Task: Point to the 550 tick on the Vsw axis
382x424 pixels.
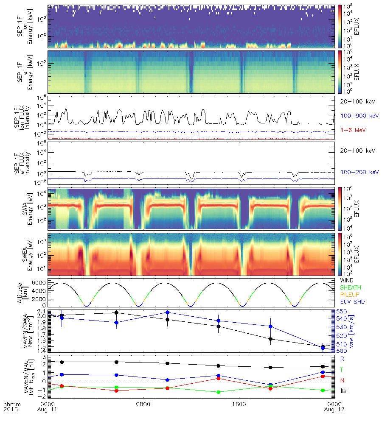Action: [x=341, y=312]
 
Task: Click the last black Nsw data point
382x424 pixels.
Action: [x=323, y=347]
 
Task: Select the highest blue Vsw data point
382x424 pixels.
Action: [x=168, y=312]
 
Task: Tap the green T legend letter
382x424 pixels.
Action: [x=342, y=370]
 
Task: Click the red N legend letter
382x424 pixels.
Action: [x=342, y=380]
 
